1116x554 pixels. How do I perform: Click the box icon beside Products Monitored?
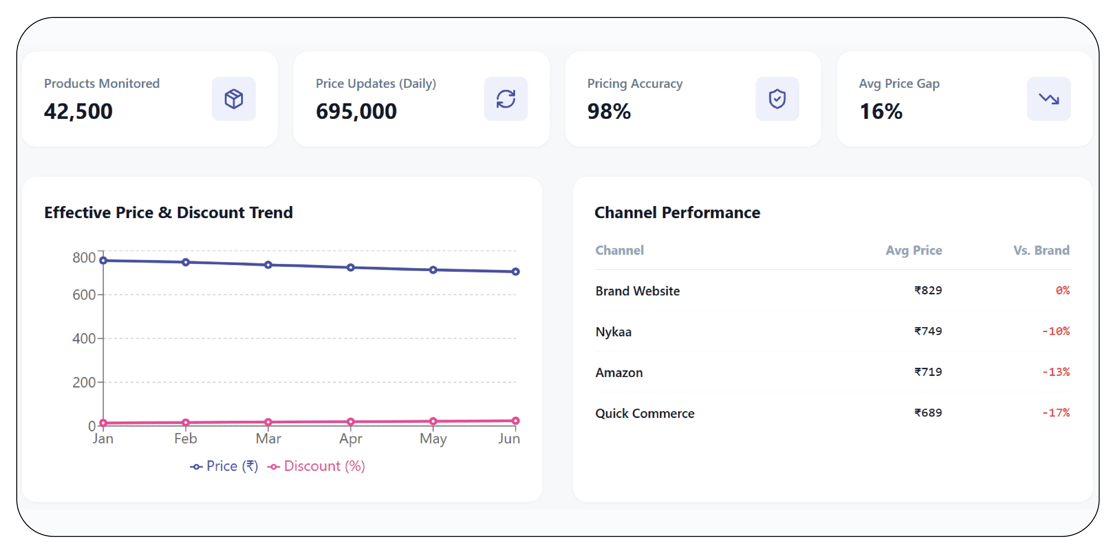click(234, 99)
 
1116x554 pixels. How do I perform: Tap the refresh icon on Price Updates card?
click(505, 99)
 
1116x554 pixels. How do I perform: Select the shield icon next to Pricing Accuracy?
click(777, 99)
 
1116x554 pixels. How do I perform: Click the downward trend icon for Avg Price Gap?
click(1049, 99)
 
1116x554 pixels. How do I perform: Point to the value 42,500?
click(78, 111)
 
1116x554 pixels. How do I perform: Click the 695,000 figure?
click(356, 111)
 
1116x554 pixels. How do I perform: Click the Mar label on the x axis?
click(268, 439)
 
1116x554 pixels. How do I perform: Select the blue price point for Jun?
click(516, 272)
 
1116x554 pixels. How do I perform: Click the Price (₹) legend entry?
click(224, 466)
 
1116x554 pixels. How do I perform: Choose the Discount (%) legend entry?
click(316, 466)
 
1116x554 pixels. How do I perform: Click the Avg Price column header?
click(914, 250)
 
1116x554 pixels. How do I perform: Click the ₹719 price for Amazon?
click(928, 372)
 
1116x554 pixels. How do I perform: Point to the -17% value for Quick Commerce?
click(1056, 413)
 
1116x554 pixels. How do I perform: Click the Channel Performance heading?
click(677, 213)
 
